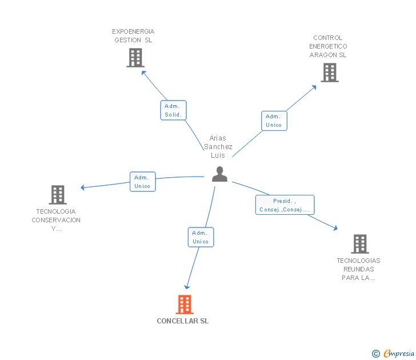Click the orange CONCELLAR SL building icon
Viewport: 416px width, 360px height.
[185, 305]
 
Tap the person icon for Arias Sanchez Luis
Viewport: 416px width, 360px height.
[219, 174]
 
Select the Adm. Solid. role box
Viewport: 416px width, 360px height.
[174, 110]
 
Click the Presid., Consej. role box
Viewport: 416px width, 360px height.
[285, 205]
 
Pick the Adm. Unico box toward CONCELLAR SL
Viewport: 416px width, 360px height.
[201, 237]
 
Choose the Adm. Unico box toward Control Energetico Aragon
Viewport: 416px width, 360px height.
[274, 121]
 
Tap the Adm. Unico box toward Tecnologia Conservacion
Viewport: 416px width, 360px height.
[143, 182]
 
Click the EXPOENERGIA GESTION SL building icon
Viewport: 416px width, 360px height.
[135, 58]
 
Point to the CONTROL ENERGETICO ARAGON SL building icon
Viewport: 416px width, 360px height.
[330, 73]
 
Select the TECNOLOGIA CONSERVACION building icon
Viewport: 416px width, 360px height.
[58, 195]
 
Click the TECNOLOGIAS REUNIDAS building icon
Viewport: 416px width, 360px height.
[360, 244]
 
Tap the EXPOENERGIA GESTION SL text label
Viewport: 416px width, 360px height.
[133, 36]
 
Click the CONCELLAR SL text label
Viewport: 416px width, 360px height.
[183, 321]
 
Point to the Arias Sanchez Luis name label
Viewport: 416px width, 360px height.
[218, 147]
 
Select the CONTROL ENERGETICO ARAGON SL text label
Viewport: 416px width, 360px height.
[328, 46]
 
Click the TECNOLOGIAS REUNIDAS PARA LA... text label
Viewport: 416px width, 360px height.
[358, 269]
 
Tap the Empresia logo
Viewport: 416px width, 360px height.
[393, 354]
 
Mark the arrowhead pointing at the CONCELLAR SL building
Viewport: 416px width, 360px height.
[187, 287]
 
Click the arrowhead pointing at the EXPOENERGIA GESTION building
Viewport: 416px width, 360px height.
[144, 73]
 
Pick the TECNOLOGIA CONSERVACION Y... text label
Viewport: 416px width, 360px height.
[56, 220]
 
